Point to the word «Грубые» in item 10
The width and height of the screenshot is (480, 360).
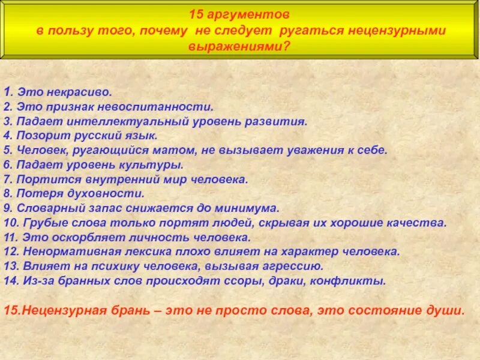44,223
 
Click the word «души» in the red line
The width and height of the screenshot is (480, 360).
449,311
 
